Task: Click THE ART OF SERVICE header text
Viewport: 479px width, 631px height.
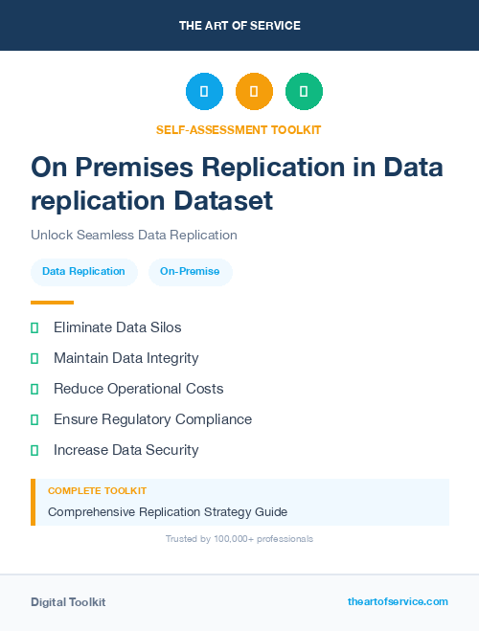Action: [x=239, y=26]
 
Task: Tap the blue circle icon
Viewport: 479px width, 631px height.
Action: [x=204, y=92]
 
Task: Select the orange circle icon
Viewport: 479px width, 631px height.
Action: [x=254, y=92]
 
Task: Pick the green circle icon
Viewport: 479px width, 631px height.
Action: [x=304, y=92]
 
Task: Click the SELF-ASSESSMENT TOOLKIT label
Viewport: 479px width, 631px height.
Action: [x=239, y=129]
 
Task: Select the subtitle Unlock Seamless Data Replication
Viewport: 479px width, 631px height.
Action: [x=134, y=235]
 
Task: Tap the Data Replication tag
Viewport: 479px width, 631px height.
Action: [x=83, y=271]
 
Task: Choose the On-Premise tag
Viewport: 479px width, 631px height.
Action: [x=190, y=271]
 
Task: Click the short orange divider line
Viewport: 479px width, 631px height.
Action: [x=52, y=303]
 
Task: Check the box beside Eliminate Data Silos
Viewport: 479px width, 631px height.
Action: [x=34, y=327]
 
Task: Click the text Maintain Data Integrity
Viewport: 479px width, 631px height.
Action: [x=125, y=358]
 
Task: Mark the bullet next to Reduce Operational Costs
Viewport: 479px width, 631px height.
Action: [x=34, y=389]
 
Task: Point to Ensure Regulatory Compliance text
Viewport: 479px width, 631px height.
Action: [x=152, y=419]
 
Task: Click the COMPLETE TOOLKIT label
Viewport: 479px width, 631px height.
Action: [x=97, y=490]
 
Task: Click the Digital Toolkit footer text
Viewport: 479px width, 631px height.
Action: [x=68, y=602]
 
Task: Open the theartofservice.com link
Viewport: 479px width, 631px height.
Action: [x=398, y=601]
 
